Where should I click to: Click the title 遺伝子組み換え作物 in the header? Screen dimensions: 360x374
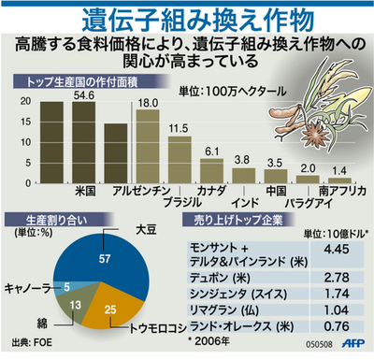(187, 18)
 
